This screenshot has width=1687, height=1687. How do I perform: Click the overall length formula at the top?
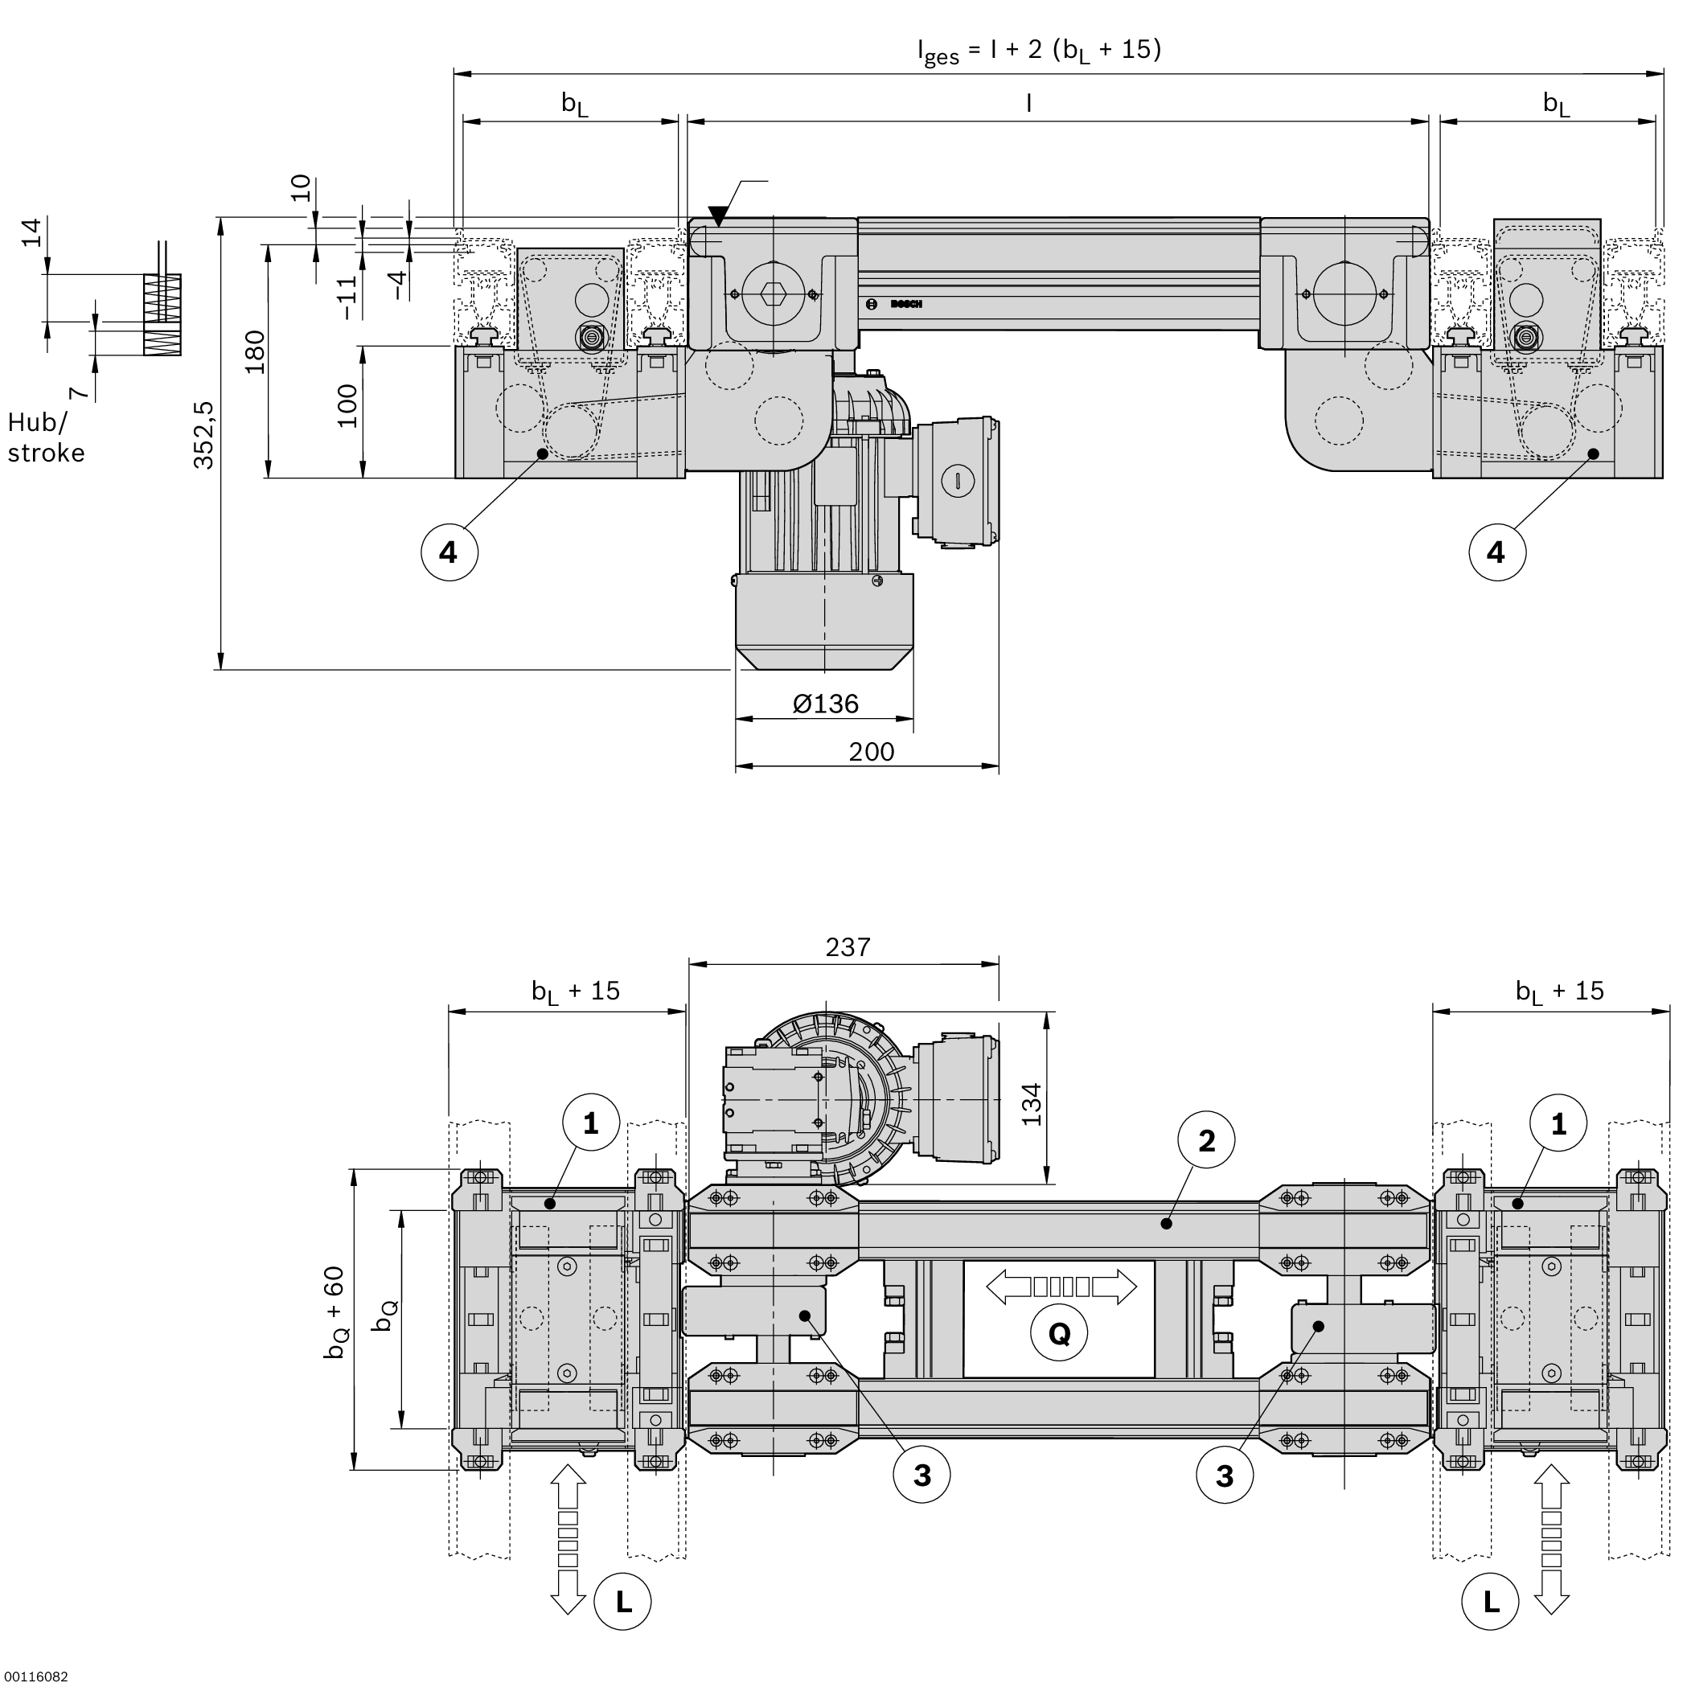pos(1038,51)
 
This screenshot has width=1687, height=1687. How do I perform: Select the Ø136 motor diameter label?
pos(825,704)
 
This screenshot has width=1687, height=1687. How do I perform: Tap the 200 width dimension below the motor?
pos(871,752)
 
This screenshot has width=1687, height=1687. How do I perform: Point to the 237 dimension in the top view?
pos(847,947)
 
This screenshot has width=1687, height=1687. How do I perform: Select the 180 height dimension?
pos(254,352)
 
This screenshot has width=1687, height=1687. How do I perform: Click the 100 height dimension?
pos(347,406)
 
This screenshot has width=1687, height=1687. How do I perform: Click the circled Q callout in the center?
pos(1058,1333)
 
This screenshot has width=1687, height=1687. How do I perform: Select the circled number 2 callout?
pos(1206,1139)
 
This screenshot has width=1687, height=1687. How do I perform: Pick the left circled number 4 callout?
pos(449,552)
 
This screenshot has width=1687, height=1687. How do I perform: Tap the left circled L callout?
pos(622,1602)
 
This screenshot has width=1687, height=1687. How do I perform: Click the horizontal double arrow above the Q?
pos(1061,1287)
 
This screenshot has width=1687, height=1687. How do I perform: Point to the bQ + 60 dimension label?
pos(335,1312)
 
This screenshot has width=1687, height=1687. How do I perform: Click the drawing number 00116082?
pos(35,1677)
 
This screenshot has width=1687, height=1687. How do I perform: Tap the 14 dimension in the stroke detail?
pos(31,233)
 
